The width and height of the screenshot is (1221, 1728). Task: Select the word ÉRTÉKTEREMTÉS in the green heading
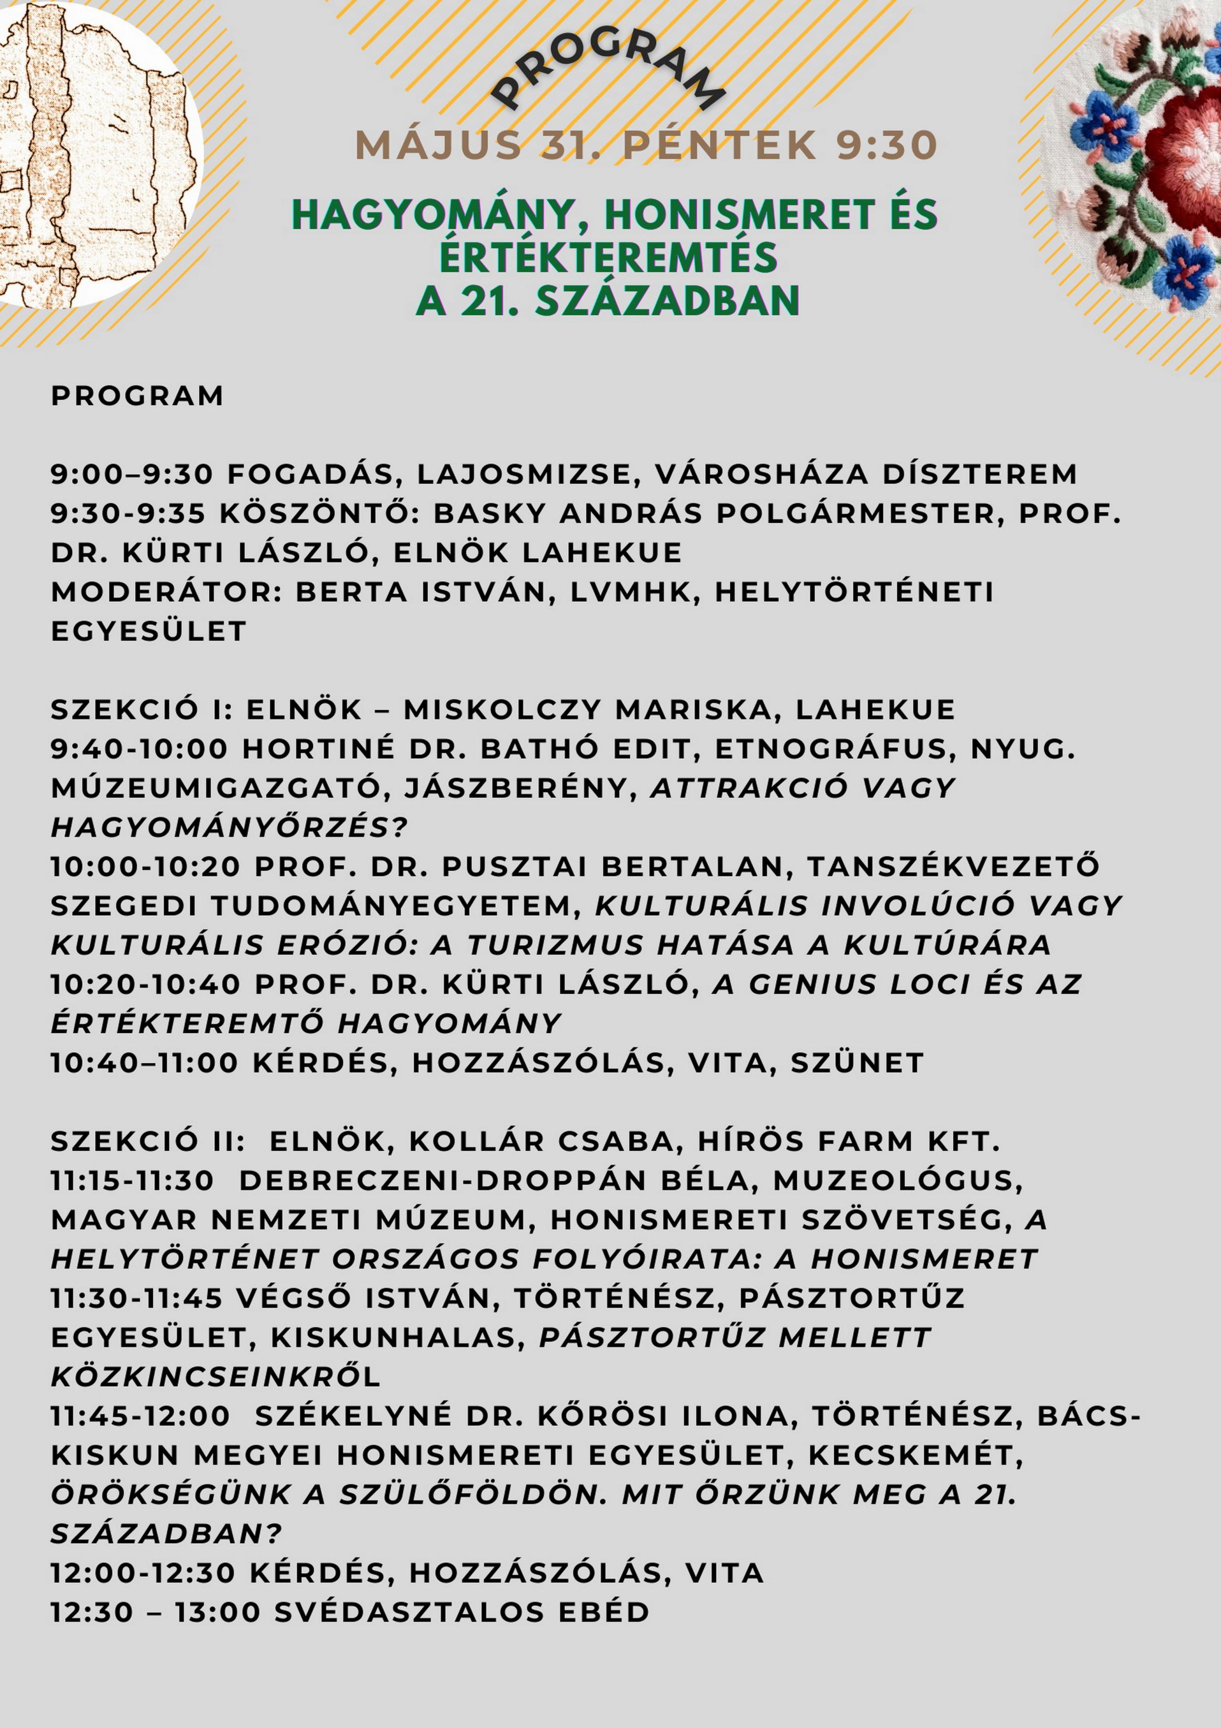(608, 258)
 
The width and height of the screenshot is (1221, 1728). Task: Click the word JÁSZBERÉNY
(516, 788)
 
